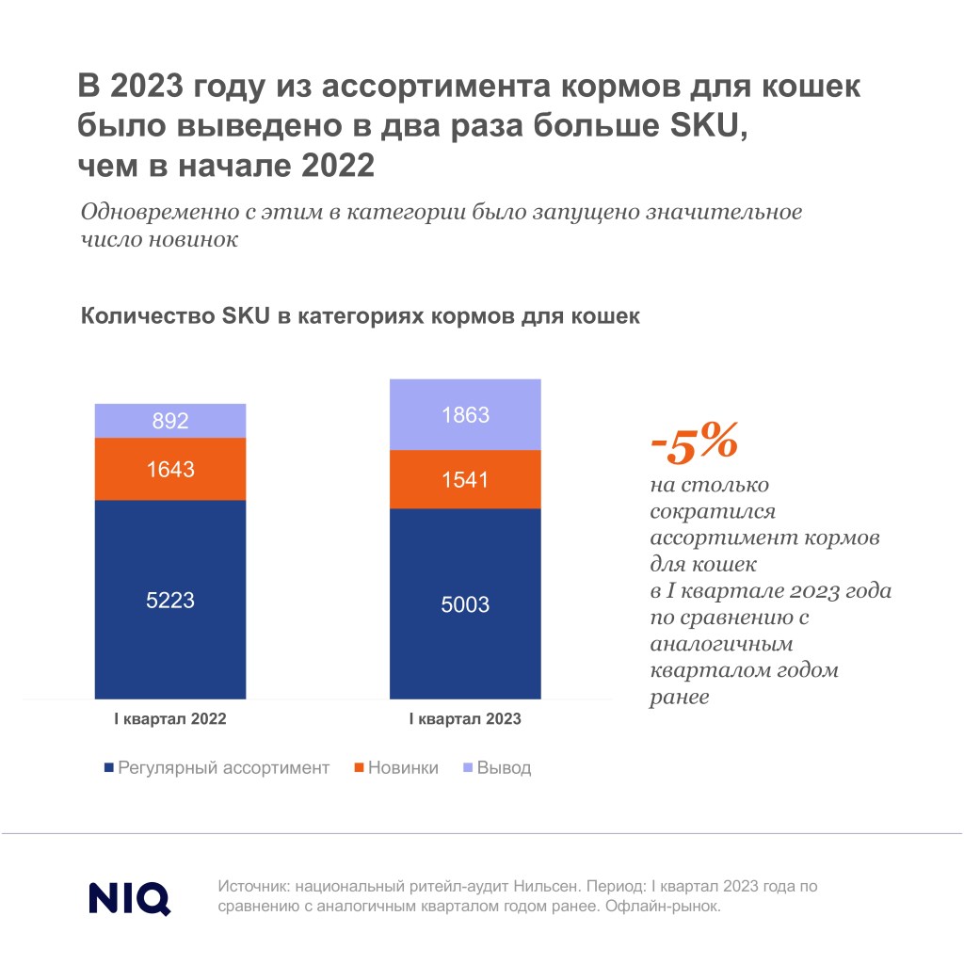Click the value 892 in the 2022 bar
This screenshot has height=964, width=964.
pyautogui.click(x=170, y=421)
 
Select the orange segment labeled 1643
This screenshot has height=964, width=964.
pyautogui.click(x=170, y=469)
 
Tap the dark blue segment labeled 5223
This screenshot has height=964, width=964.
pyautogui.click(x=170, y=600)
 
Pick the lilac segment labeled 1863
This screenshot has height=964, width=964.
pyautogui.click(x=465, y=414)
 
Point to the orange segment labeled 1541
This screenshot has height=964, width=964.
pyautogui.click(x=465, y=479)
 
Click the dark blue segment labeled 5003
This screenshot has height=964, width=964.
pyautogui.click(x=465, y=603)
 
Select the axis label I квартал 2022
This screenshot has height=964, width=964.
pyautogui.click(x=170, y=718)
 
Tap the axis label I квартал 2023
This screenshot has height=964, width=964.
pyautogui.click(x=465, y=718)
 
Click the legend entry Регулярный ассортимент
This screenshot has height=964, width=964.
pyautogui.click(x=217, y=768)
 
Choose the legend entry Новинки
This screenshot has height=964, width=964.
pyautogui.click(x=396, y=768)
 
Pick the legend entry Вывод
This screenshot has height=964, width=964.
pyautogui.click(x=497, y=768)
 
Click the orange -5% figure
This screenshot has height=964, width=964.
pyautogui.click(x=694, y=442)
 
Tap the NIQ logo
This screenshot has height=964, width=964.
pyautogui.click(x=130, y=898)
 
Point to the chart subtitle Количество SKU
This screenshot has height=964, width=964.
pyautogui.click(x=175, y=316)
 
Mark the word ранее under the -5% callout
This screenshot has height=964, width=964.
pyautogui.click(x=680, y=698)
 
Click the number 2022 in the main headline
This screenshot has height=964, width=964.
pyautogui.click(x=338, y=166)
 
